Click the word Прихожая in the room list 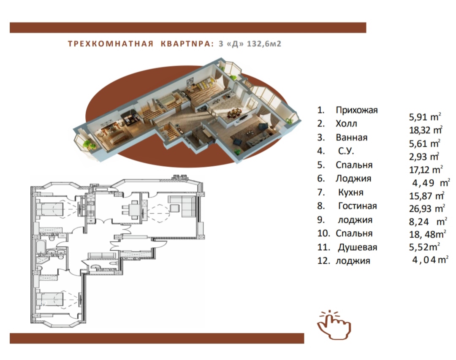356,110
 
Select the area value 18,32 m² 426,130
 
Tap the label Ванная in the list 352,137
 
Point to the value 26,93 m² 427,208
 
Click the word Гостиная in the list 358,206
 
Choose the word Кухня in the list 351,192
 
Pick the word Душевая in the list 358,247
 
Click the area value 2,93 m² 424,157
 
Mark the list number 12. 324,261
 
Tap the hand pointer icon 334,325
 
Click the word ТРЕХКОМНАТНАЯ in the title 111,44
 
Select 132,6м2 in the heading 264,44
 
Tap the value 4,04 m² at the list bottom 430,260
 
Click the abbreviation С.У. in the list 346,151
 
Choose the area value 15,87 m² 426,196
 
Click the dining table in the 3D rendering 234,113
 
